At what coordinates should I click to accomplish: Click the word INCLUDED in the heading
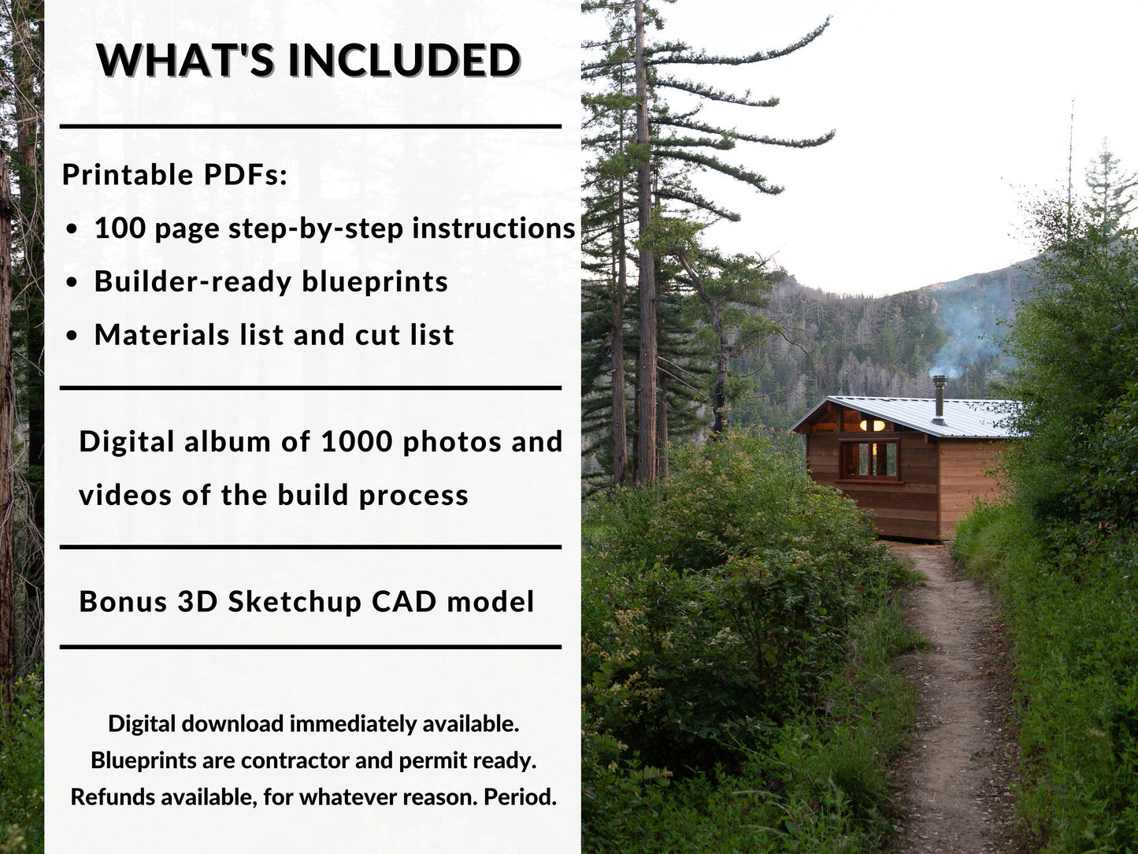[x=404, y=60]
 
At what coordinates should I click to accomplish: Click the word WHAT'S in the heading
[x=186, y=60]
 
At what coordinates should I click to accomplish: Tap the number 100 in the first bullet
[x=120, y=228]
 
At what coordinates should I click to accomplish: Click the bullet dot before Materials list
[x=72, y=336]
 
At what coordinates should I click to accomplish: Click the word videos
[x=125, y=496]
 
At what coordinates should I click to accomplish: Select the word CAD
[x=404, y=602]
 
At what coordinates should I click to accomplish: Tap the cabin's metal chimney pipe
[x=939, y=399]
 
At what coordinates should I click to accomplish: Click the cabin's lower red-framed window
[x=870, y=459]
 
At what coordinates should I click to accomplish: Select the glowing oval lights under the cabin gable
[x=873, y=425]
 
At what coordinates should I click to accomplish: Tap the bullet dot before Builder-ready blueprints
[x=72, y=282]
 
